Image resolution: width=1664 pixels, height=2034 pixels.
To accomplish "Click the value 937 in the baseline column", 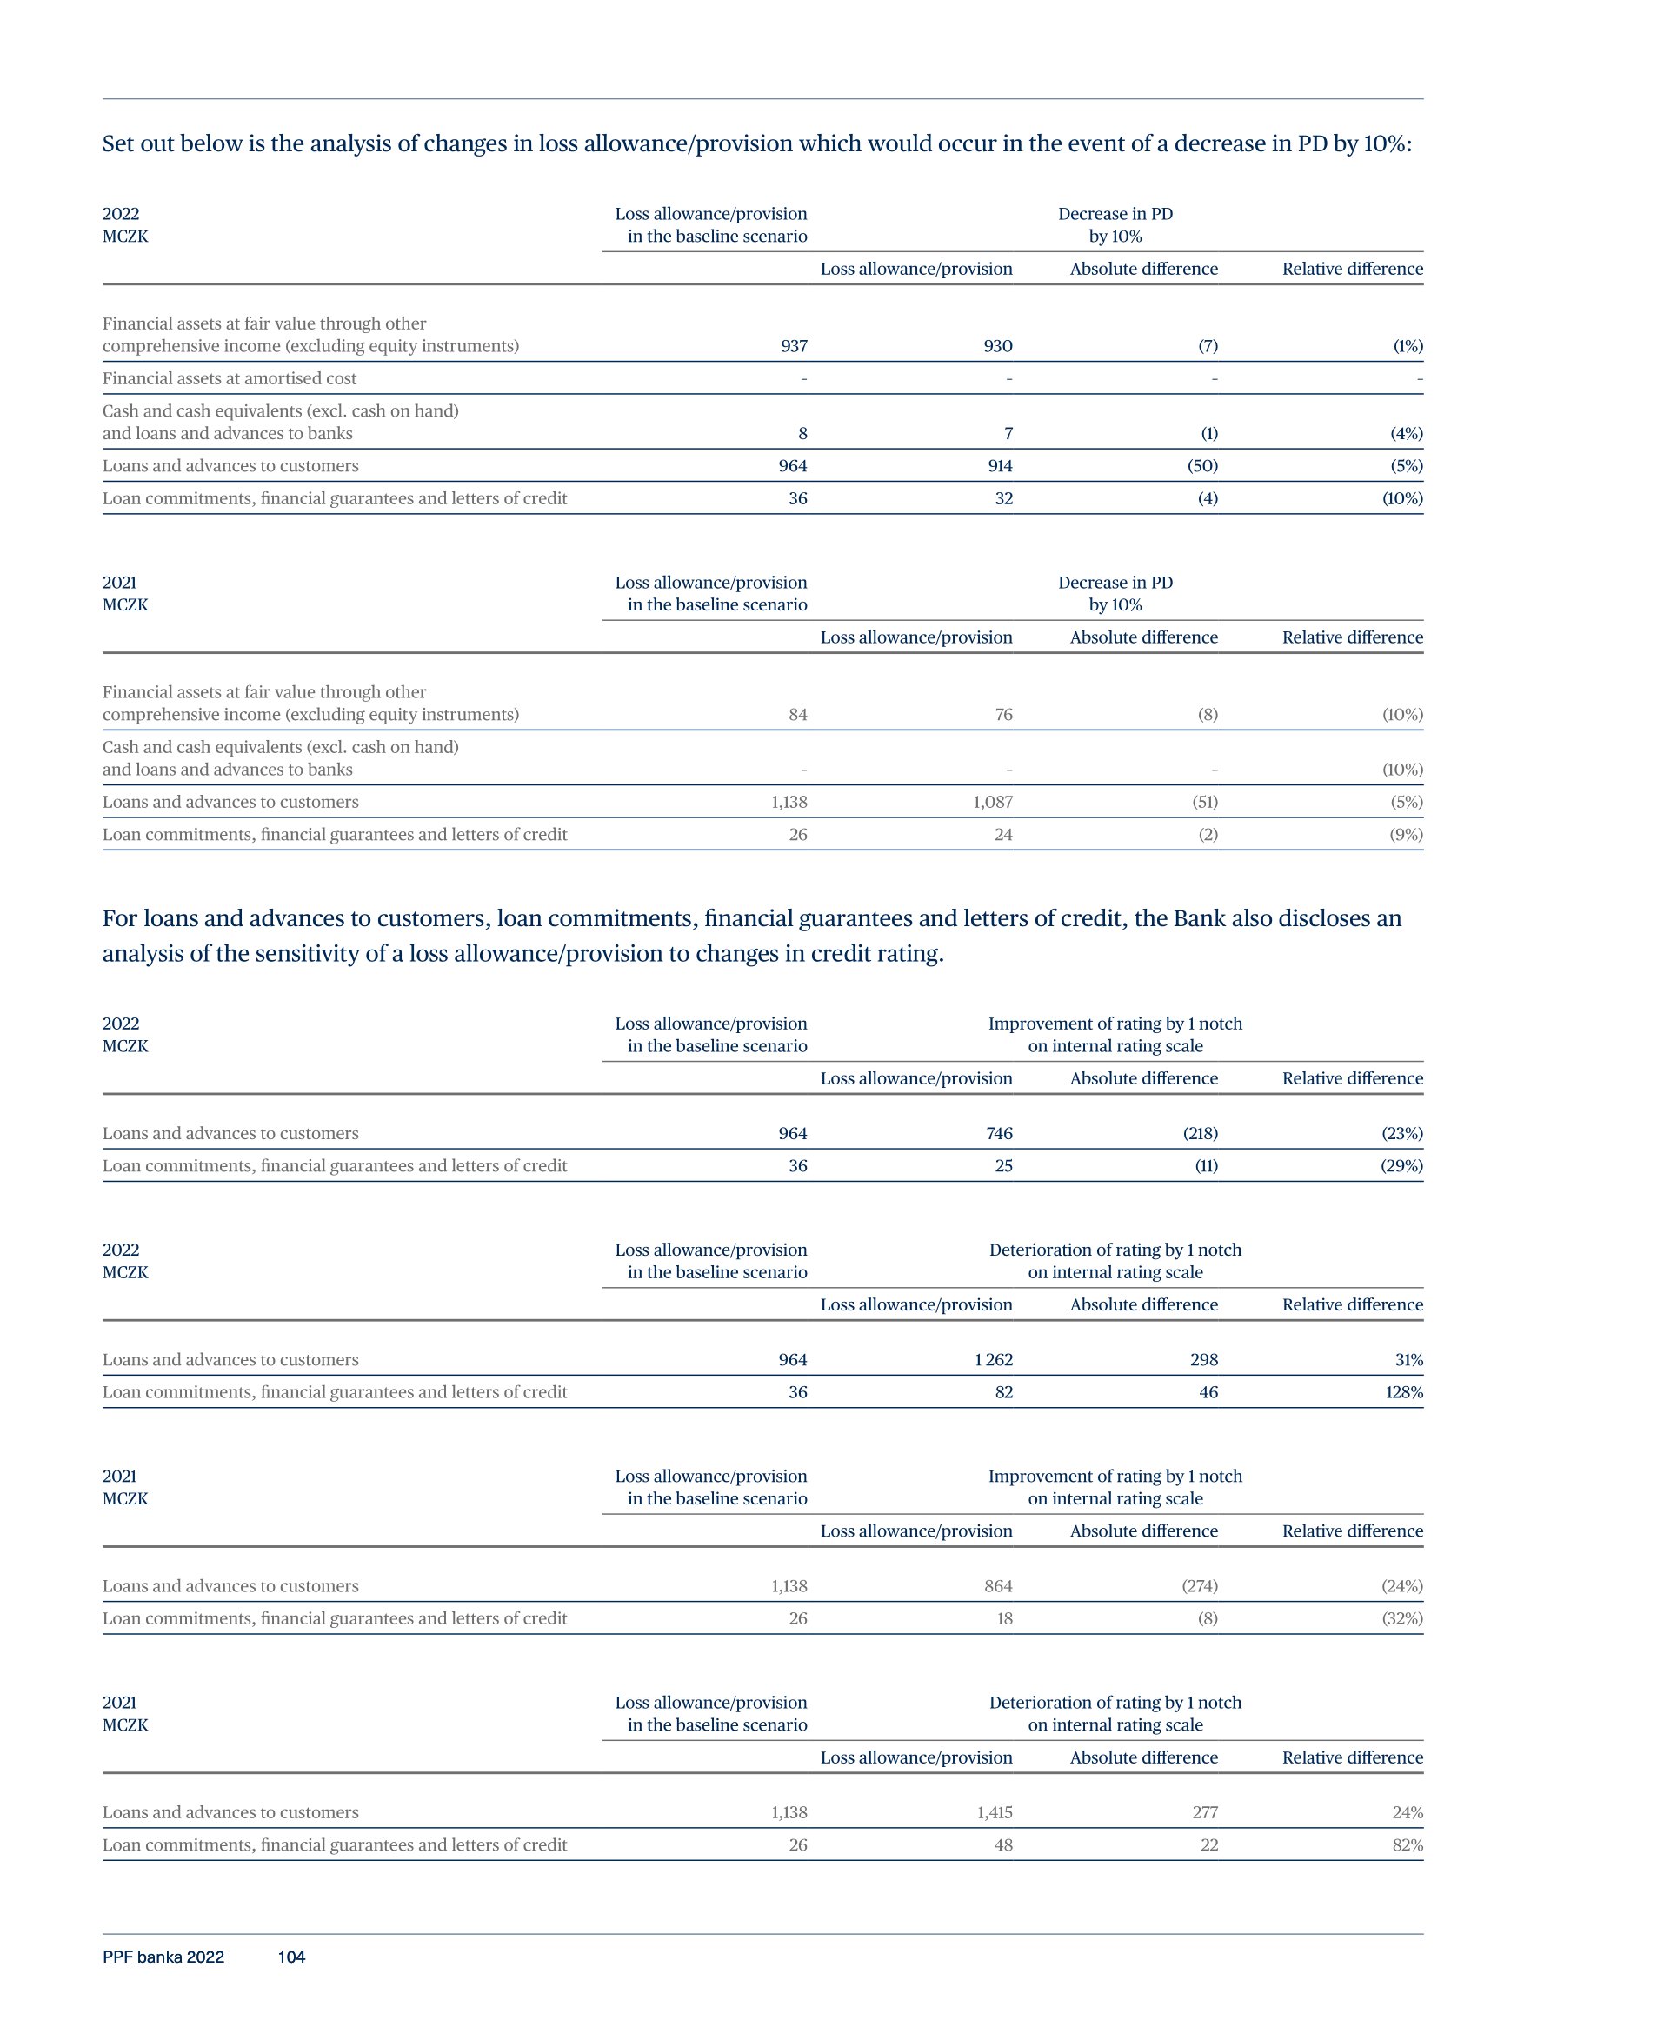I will [793, 346].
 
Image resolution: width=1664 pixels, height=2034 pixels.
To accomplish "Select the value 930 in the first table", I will [997, 346].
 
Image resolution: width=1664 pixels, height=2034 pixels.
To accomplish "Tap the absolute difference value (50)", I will [1202, 466].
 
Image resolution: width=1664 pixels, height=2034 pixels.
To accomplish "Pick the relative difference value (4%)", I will [1406, 433].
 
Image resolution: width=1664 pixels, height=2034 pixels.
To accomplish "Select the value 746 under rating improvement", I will [999, 1134].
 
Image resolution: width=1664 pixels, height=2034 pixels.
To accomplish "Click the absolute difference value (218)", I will [1200, 1134].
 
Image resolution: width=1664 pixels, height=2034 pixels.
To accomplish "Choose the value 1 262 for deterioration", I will [993, 1360].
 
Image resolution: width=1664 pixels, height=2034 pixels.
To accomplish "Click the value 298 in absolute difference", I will [1204, 1360].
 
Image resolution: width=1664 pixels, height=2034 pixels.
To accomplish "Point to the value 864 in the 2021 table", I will [998, 1586].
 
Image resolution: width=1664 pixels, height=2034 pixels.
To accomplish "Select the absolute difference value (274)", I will [1199, 1586].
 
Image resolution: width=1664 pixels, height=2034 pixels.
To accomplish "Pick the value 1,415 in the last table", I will [992, 1812].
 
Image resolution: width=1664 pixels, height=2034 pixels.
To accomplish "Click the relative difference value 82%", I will [1408, 1845].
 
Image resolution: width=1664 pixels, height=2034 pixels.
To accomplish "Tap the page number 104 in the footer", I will [291, 1957].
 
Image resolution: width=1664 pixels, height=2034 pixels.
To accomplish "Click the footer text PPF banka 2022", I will [163, 1957].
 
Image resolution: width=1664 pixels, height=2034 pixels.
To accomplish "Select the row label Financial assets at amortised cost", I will [230, 378].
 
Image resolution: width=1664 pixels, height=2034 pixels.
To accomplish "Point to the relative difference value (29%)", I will [1401, 1166].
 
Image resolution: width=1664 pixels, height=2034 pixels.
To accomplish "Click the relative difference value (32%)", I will [1401, 1619].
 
